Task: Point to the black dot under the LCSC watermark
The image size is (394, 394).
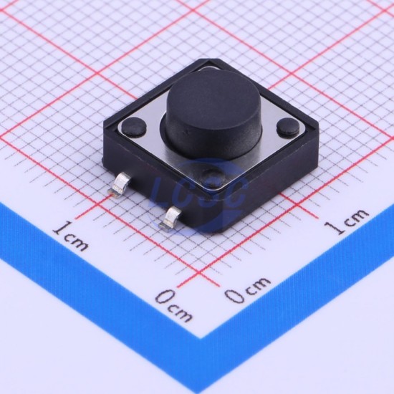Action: [x=213, y=177]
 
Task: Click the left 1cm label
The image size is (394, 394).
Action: [x=71, y=236]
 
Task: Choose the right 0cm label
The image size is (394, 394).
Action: [x=248, y=289]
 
